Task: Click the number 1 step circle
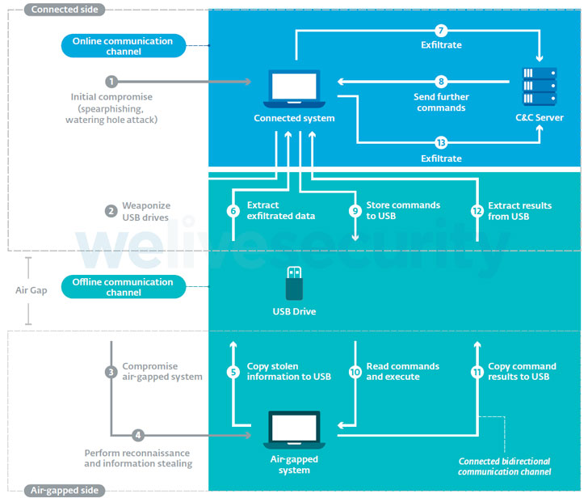click(111, 82)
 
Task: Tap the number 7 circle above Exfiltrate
click(441, 32)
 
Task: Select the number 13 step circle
click(441, 143)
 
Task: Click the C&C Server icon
click(539, 84)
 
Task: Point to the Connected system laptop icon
click(294, 89)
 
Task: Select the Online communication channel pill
click(123, 46)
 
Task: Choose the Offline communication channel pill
click(123, 287)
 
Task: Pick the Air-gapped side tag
click(54, 490)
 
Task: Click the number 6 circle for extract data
click(233, 210)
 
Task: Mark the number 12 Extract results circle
click(477, 210)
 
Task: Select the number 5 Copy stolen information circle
click(233, 372)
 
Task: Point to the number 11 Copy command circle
click(477, 372)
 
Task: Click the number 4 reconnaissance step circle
click(138, 435)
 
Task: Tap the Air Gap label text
click(30, 289)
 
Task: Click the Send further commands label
click(441, 103)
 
